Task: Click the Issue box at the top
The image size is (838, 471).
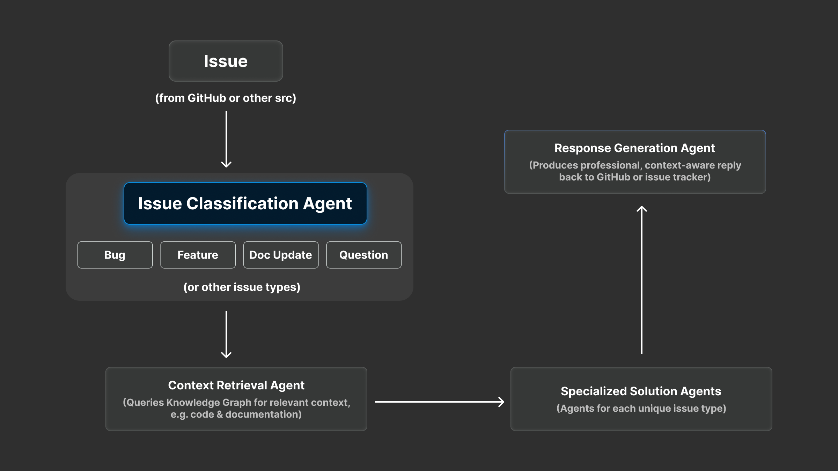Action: coord(226,61)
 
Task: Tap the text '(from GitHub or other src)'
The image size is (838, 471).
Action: coord(226,98)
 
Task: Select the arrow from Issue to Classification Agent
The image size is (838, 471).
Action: coord(226,140)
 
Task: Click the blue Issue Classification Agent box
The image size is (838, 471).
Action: coord(245,203)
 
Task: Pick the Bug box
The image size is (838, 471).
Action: coord(115,255)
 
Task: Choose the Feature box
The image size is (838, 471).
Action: coord(198,255)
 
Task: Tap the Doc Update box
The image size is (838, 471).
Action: coord(281,255)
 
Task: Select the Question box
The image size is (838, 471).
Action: coord(363,255)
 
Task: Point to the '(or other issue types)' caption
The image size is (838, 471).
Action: coord(242,287)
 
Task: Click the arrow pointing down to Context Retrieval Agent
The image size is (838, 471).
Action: coord(226,335)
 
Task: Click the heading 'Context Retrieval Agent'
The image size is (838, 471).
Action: coord(236,385)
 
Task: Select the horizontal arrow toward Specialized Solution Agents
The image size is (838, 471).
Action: coord(439,402)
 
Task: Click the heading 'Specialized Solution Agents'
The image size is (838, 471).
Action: coord(641,391)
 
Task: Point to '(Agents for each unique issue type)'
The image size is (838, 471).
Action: coord(641,409)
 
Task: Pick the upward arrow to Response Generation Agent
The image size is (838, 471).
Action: coord(642,279)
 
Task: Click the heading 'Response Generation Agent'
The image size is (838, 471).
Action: coord(634,148)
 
